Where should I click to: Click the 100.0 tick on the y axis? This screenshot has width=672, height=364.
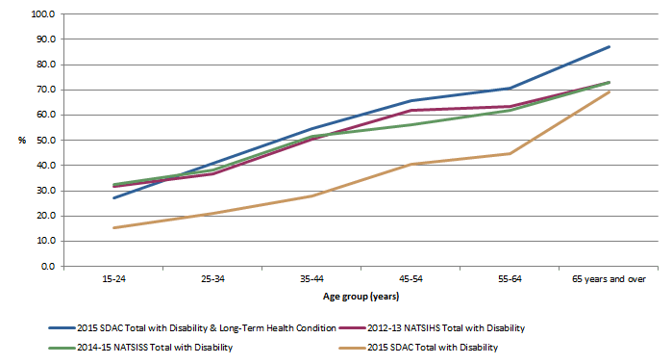41,14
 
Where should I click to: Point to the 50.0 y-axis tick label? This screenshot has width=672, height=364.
43,140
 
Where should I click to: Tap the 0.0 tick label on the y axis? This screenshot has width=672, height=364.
46,266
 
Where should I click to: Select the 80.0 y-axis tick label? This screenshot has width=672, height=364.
43,65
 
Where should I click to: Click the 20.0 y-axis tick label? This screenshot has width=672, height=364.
43,216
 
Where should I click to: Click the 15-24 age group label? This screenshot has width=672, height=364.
113,279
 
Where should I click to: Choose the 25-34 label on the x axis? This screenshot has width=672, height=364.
212,279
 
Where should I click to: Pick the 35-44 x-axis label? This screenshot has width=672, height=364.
311,279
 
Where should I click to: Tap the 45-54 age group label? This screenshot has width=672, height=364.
411,279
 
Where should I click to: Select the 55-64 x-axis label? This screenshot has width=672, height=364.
510,279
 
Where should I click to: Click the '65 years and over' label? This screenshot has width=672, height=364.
609,279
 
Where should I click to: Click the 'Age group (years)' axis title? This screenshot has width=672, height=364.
361,297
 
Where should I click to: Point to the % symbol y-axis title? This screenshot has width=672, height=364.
22,141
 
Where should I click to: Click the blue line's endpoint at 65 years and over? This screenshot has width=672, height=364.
609,47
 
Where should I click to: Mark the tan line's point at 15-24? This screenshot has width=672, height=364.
113,227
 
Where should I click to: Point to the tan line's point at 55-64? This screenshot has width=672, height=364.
510,153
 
